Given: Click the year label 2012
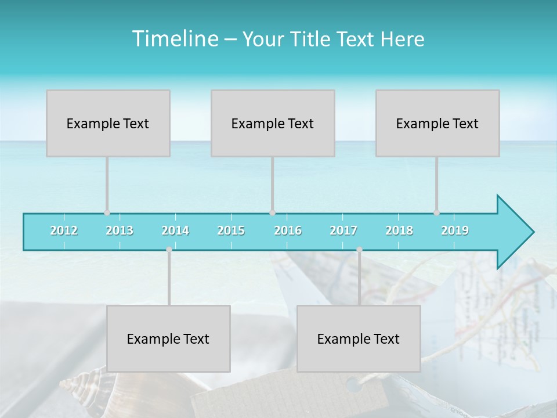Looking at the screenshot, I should [x=64, y=230].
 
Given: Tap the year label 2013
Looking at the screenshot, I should [x=120, y=230].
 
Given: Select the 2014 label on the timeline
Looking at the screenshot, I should [x=175, y=230].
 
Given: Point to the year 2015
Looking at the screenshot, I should [x=231, y=230].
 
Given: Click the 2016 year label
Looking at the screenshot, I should [x=288, y=230].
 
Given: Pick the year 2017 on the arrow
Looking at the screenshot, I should [x=343, y=230].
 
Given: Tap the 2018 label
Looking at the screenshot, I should [x=399, y=230].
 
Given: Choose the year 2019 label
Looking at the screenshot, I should [x=455, y=230].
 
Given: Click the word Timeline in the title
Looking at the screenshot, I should [x=174, y=39].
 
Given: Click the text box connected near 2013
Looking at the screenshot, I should [x=108, y=123].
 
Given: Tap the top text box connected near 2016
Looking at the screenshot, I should [x=273, y=123].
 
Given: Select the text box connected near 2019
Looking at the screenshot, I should [x=437, y=123].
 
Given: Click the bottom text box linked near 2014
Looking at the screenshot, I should [x=168, y=338].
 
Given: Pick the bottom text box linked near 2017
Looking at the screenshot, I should [x=359, y=338].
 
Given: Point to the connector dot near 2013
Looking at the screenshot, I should [x=107, y=212].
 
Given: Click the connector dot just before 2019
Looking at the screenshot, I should [x=436, y=212].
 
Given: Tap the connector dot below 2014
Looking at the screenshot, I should [x=169, y=250].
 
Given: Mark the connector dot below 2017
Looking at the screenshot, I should [x=359, y=250].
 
